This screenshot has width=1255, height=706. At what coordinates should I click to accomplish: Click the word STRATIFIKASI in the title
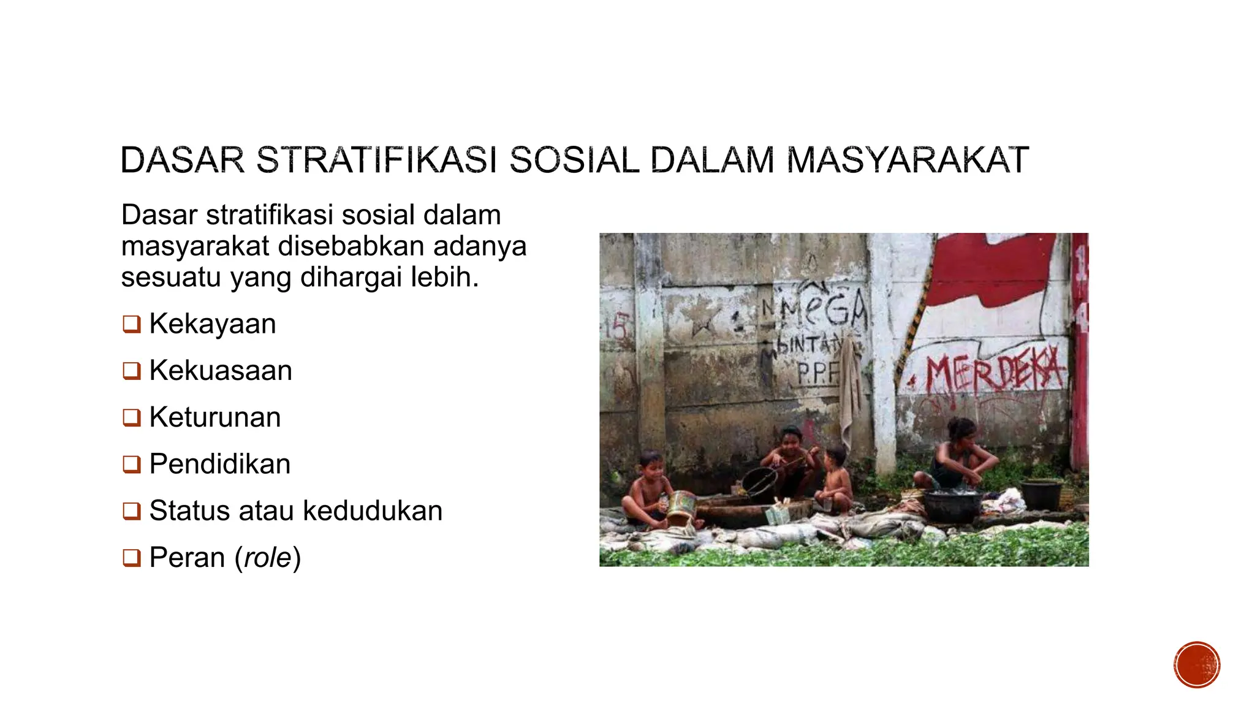click(x=376, y=161)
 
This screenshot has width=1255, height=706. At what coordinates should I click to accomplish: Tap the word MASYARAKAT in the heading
click(x=907, y=161)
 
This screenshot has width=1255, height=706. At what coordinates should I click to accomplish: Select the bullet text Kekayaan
click(x=212, y=324)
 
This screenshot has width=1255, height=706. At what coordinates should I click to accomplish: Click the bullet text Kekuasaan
click(x=221, y=371)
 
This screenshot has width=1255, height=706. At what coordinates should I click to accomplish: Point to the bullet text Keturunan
click(x=215, y=417)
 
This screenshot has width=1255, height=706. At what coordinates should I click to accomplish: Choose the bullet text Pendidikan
click(x=219, y=464)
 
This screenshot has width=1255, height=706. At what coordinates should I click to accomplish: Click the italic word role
click(x=267, y=558)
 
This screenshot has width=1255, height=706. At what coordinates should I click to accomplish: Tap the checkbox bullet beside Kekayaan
click(x=131, y=324)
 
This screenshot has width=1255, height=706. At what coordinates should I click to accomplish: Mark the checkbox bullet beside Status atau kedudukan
click(x=131, y=511)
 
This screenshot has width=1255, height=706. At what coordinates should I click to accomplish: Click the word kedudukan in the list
click(x=373, y=511)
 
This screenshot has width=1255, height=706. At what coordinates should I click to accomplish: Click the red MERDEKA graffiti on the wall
click(x=995, y=370)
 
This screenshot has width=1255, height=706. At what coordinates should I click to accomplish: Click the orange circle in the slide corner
click(x=1197, y=665)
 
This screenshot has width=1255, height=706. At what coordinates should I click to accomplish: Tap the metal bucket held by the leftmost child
click(x=681, y=505)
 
